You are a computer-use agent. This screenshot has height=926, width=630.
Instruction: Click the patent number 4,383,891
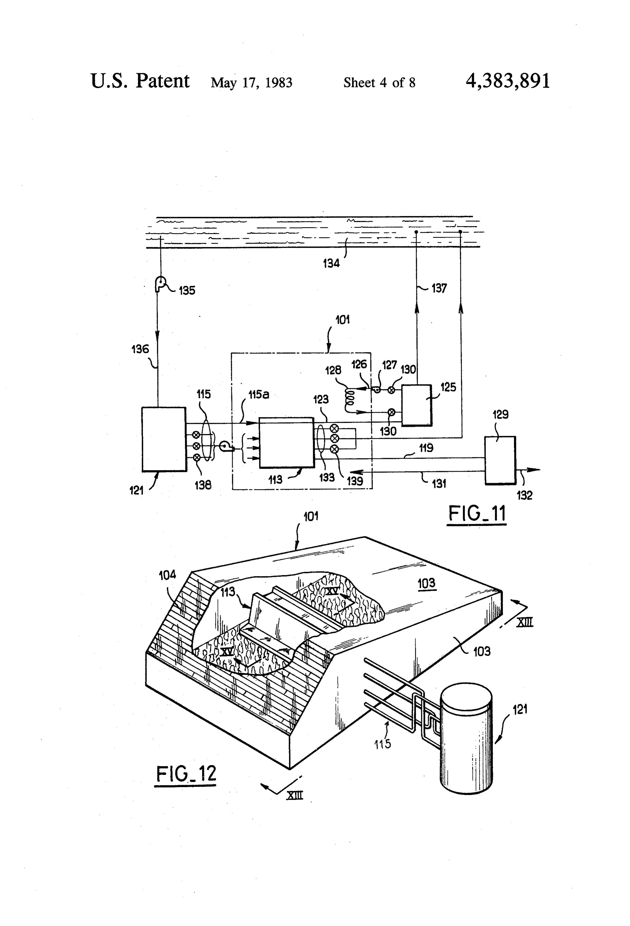click(508, 81)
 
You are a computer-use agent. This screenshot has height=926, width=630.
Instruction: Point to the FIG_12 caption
click(185, 774)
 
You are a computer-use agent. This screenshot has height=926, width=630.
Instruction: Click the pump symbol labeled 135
click(161, 284)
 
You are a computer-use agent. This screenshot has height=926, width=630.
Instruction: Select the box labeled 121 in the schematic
click(164, 439)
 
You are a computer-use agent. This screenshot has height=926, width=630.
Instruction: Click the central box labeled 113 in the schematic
click(286, 442)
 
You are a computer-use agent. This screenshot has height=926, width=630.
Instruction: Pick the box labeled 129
click(500, 460)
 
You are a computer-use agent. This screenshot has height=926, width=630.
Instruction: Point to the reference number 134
click(331, 263)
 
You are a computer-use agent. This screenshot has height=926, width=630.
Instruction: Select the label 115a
click(259, 395)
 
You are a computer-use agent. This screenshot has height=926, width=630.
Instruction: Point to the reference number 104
click(167, 575)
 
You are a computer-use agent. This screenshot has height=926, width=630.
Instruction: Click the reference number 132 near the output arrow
click(524, 495)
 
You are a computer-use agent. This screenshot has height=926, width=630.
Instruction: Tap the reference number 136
click(140, 349)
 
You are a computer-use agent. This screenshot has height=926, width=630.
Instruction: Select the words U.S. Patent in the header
click(140, 81)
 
